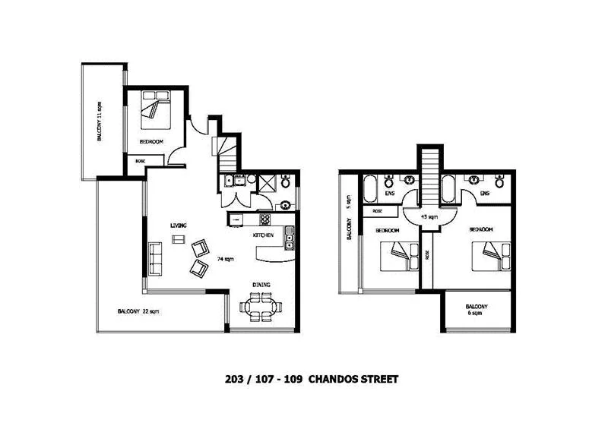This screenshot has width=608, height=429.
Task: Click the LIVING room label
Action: tap(179, 225)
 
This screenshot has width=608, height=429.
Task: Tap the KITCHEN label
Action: tap(263, 236)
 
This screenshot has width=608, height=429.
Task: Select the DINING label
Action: tap(262, 285)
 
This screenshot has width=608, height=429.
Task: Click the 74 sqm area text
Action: tap(226, 259)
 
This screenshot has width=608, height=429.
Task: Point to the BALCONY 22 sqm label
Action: tap(138, 311)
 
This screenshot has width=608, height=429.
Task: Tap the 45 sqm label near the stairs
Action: tap(429, 217)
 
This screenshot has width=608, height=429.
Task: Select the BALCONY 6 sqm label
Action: tap(477, 310)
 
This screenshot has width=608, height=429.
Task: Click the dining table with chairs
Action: tap(262, 307)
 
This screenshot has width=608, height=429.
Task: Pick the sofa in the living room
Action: tap(156, 257)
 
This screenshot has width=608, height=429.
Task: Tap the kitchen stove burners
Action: tap(266, 220)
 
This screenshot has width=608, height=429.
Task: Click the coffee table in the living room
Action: tap(179, 240)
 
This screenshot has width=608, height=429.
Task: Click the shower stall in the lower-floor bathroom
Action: tap(268, 181)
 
